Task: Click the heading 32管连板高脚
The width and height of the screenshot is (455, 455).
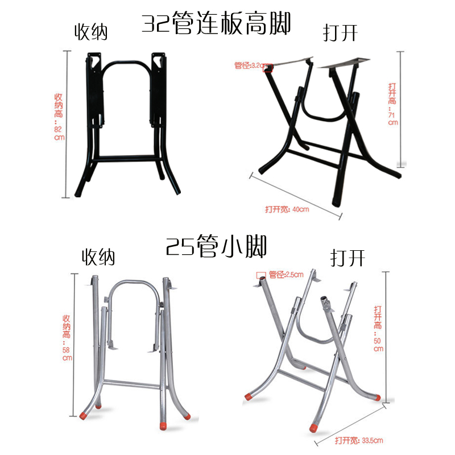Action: click(x=217, y=24)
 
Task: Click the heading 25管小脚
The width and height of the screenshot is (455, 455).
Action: click(x=216, y=246)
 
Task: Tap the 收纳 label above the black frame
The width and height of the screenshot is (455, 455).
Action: click(x=92, y=32)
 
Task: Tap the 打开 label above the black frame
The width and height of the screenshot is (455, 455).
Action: click(x=340, y=33)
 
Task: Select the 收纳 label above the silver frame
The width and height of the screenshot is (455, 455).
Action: click(x=98, y=257)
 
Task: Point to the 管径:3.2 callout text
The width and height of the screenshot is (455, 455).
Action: click(x=247, y=65)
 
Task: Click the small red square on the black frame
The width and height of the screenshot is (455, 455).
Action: click(x=268, y=68)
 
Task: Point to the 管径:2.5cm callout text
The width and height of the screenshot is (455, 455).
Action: click(x=285, y=275)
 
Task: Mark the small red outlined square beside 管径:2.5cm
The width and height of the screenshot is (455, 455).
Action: click(x=261, y=275)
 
